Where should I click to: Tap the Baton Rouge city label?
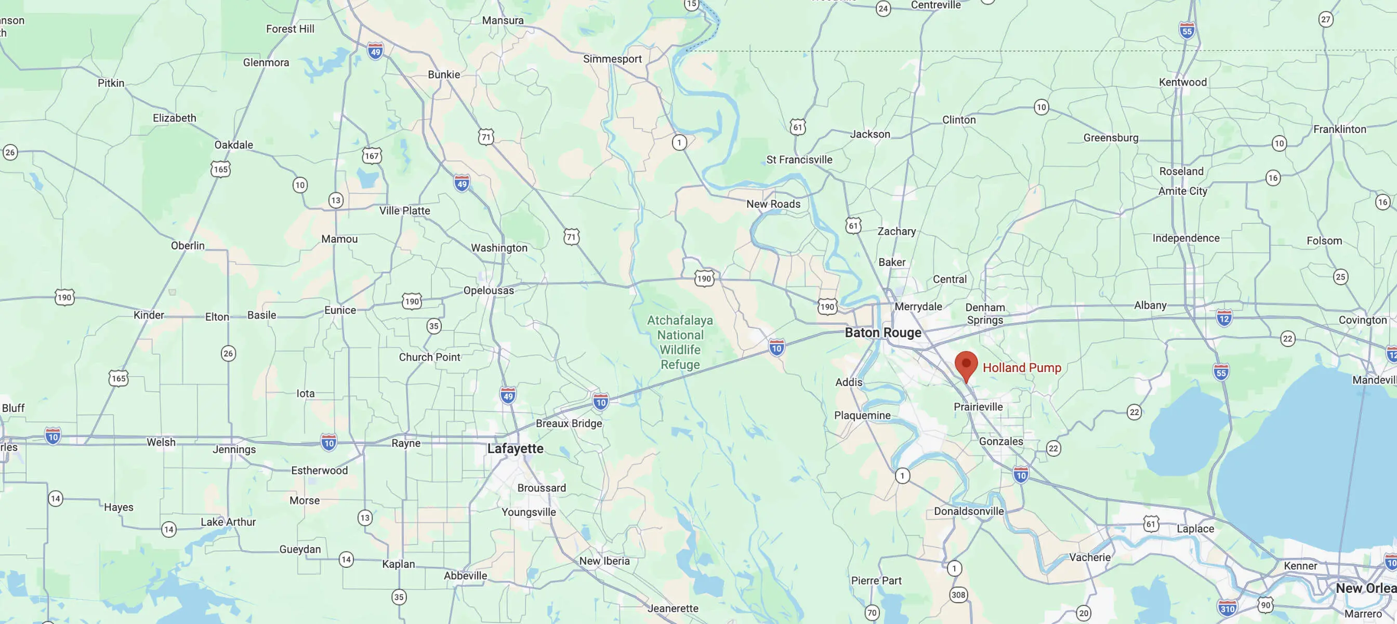click(883, 333)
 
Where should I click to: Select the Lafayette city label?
click(515, 448)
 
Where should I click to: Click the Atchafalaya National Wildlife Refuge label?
click(680, 342)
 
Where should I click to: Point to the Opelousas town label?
click(488, 290)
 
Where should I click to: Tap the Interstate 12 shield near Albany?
click(1224, 318)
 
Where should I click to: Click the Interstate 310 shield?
click(1227, 608)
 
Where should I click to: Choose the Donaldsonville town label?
click(969, 511)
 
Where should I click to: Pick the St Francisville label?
click(799, 160)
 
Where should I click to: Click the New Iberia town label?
click(604, 561)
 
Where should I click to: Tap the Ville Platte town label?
click(404, 211)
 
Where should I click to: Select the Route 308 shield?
click(958, 595)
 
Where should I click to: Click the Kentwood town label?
click(1183, 83)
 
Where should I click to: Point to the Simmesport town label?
click(612, 59)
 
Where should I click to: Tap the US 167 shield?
click(372, 156)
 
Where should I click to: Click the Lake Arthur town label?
click(228, 522)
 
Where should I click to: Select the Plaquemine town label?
click(862, 416)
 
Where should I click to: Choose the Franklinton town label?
click(1339, 129)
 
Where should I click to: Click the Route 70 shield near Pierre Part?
click(872, 613)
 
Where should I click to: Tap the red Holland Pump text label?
click(1022, 367)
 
